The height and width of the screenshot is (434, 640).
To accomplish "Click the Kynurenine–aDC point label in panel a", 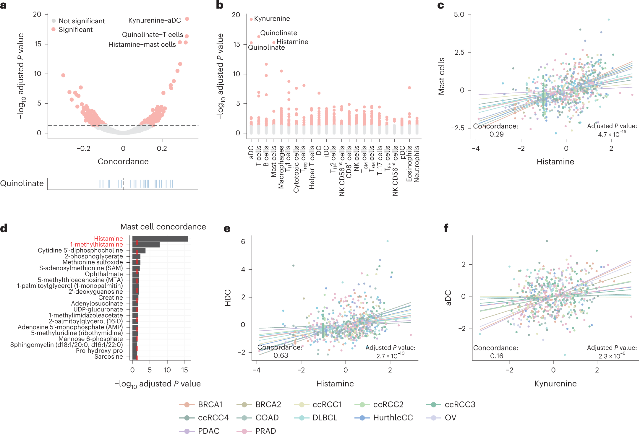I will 154,20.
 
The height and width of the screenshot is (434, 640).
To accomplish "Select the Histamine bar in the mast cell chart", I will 160,239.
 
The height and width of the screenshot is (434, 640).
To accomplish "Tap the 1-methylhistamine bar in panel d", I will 146,245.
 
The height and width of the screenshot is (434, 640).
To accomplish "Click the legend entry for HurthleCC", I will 393,417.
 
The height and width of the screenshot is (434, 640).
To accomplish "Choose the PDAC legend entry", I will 208,430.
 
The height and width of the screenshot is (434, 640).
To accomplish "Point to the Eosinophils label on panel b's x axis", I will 409,164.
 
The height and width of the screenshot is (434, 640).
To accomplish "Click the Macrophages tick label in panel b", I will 281,167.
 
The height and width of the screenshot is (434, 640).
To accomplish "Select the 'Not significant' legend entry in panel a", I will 81,21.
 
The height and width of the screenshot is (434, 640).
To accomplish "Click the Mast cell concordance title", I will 163,227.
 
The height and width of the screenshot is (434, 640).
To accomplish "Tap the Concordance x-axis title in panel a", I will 123,161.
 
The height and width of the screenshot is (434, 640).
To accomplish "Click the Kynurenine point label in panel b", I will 272,19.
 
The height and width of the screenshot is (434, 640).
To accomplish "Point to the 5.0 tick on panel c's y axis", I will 459,14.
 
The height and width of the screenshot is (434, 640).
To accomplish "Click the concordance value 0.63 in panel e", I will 281,355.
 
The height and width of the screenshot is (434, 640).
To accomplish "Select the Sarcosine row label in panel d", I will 108,357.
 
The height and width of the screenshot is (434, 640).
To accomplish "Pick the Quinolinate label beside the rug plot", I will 22,183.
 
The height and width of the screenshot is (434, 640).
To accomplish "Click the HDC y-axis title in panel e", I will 228,298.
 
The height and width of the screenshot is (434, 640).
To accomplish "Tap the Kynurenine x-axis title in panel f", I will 555,383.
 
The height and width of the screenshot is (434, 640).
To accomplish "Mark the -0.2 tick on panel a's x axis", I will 83,148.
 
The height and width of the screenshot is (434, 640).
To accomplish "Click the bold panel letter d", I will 4,228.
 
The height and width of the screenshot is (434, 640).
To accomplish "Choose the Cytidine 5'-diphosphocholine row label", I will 80,251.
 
